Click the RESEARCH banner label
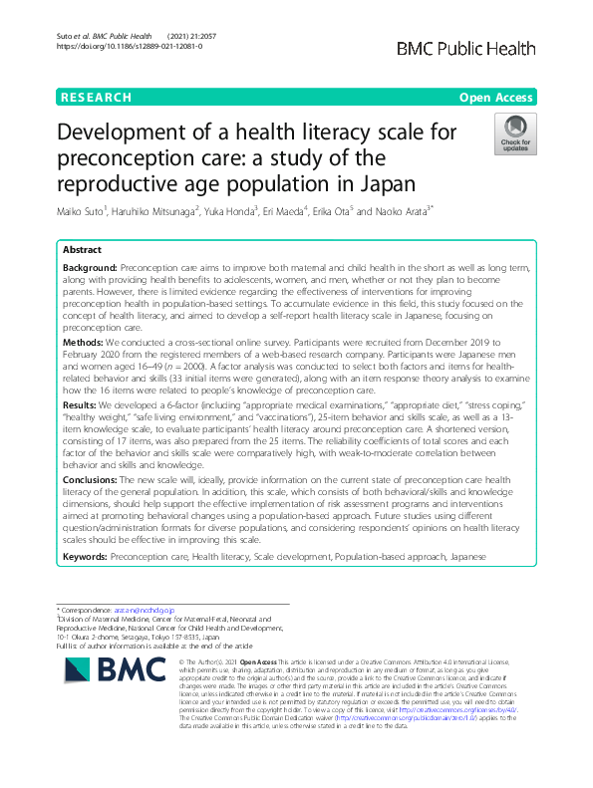click(96, 97)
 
